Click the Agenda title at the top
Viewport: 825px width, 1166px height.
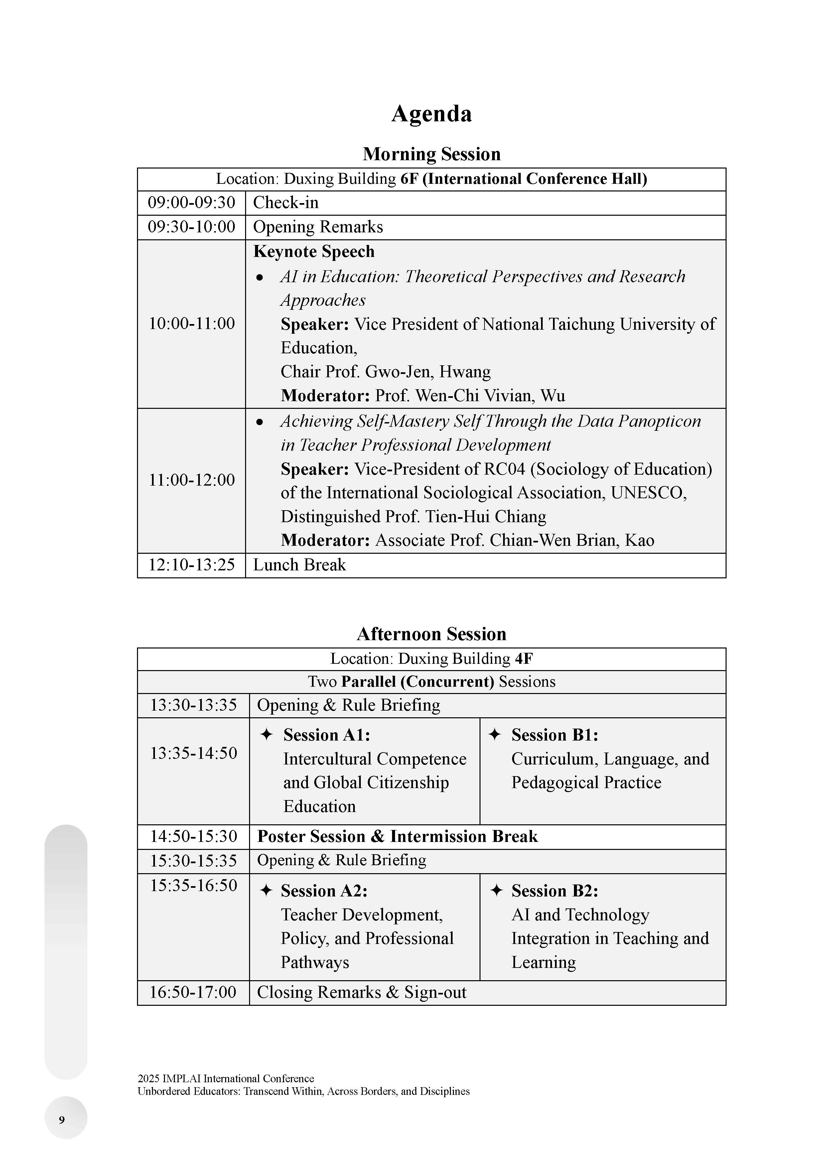click(431, 113)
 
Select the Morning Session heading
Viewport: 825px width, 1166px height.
click(431, 154)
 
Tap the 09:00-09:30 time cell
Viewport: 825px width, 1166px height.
click(192, 203)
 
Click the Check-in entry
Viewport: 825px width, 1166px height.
click(286, 203)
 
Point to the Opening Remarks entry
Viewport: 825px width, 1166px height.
click(318, 227)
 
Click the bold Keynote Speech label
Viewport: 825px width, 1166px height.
click(314, 251)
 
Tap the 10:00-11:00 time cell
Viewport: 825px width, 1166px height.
click(192, 323)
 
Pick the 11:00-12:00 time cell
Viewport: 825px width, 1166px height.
click(192, 480)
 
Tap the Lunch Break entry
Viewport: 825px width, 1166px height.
click(299, 565)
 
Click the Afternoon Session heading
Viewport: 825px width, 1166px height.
click(431, 634)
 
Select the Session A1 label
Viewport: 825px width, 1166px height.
click(327, 735)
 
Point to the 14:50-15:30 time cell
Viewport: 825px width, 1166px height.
click(193, 836)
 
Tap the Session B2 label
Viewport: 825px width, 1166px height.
click(555, 891)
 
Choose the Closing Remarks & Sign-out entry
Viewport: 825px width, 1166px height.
click(361, 992)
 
